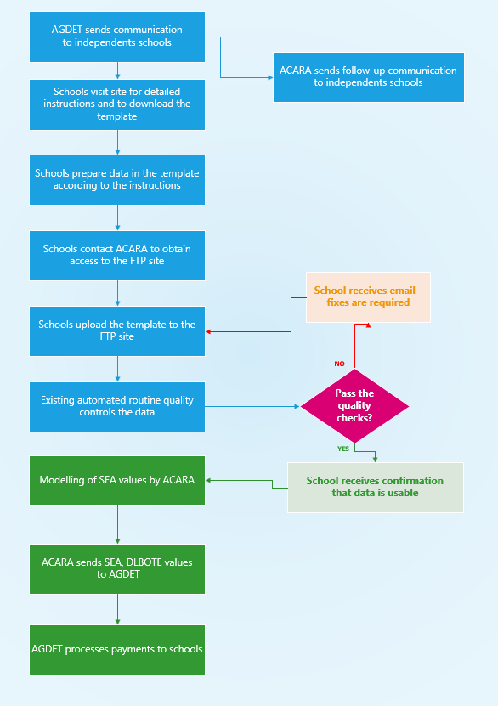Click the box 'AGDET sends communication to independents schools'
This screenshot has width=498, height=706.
point(117,37)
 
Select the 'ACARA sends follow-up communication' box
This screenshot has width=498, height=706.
point(368,77)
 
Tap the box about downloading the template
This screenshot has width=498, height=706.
point(117,104)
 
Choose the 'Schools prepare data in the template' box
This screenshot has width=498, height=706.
point(117,179)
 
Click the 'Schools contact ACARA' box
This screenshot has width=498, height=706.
point(117,255)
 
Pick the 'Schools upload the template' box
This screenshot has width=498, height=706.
point(117,330)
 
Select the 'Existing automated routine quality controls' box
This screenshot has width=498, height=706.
point(117,406)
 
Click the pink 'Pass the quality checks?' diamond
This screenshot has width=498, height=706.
point(354,406)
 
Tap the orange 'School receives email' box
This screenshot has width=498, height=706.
point(368,297)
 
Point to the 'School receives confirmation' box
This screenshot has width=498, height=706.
point(375,487)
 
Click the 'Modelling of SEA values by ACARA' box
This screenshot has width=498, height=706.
point(117,481)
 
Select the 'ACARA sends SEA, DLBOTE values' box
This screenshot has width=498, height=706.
point(117,568)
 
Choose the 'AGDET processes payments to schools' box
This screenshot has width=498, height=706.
point(117,649)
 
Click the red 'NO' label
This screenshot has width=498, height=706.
point(339,364)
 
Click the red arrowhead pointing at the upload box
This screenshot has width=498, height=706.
point(209,332)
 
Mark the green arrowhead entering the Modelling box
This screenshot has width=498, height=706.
point(209,481)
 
